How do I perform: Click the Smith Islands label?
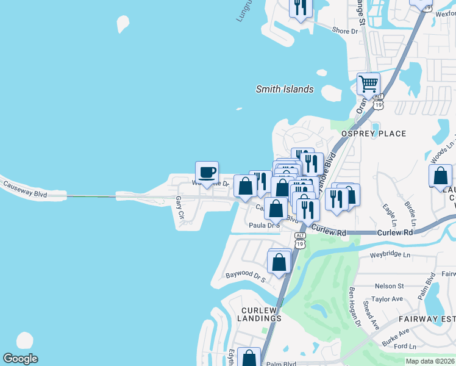click(x=284, y=89)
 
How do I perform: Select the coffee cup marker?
click(x=207, y=171)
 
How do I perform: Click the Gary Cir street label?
click(x=179, y=207)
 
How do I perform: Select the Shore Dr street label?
click(x=345, y=31)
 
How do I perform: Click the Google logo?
click(x=20, y=359)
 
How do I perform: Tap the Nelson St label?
click(x=389, y=285)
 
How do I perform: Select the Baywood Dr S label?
click(x=246, y=278)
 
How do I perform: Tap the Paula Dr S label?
click(x=264, y=225)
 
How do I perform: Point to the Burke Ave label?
click(x=396, y=336)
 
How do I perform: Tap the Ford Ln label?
click(x=405, y=346)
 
